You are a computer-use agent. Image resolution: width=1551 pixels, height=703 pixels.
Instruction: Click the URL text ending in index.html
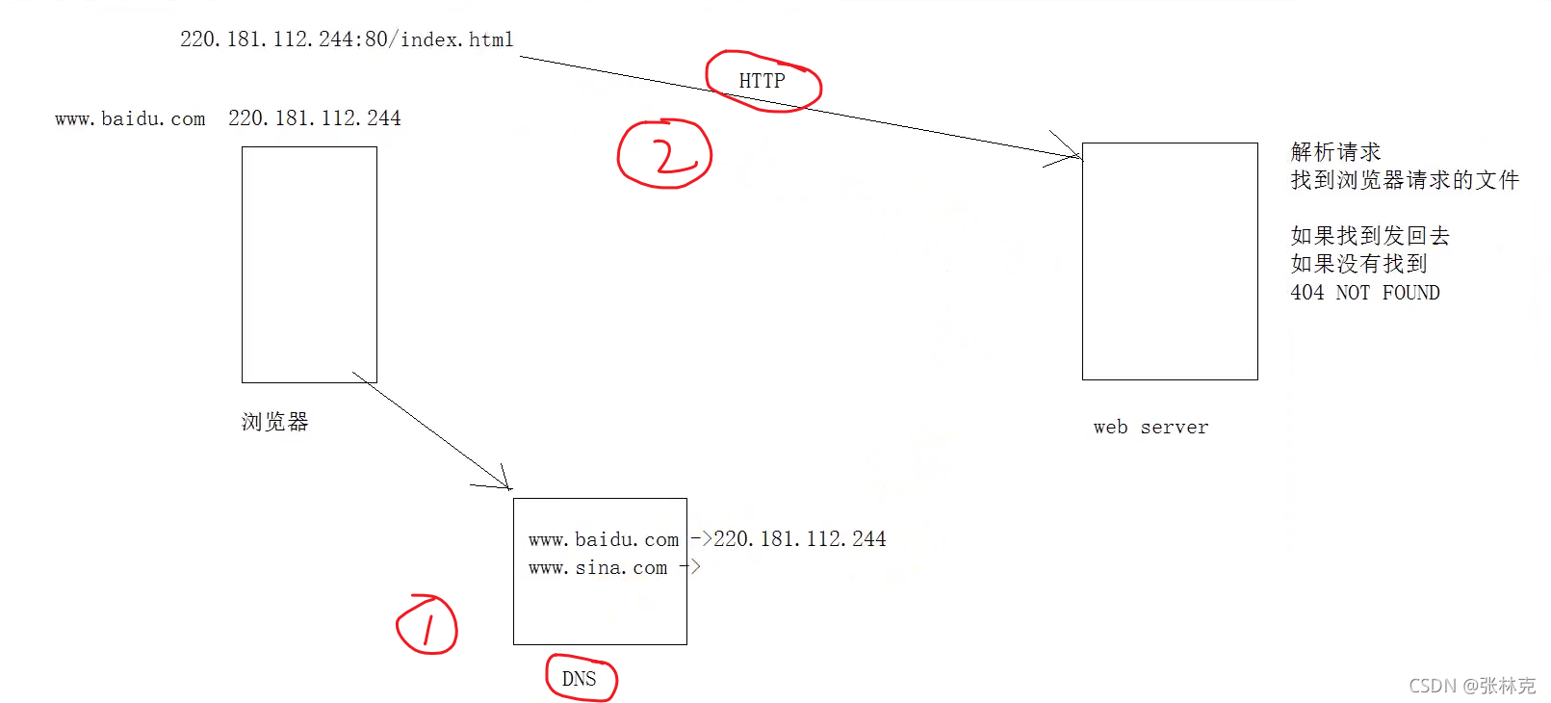[x=347, y=39]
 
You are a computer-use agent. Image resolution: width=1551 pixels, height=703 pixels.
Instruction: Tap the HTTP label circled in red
[x=763, y=81]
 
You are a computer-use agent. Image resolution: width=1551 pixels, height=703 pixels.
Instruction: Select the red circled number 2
[x=664, y=154]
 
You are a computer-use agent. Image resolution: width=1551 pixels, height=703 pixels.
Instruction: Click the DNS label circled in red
[x=580, y=679]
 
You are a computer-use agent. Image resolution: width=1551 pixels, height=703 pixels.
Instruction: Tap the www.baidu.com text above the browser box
[x=130, y=118]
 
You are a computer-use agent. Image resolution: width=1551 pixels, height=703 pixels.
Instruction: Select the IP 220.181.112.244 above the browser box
[x=315, y=118]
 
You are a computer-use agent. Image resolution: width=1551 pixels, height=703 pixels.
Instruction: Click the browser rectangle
[x=309, y=265]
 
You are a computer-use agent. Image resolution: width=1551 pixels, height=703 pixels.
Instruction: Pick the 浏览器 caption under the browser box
[x=274, y=422]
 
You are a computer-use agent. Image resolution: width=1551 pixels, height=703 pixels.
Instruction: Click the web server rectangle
[x=1170, y=261]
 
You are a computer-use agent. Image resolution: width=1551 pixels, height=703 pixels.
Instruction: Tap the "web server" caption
[x=1150, y=428]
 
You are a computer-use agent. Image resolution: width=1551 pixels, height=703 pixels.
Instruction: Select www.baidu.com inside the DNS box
[x=604, y=539]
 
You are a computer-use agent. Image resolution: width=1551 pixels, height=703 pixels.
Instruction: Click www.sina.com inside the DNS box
[x=598, y=568]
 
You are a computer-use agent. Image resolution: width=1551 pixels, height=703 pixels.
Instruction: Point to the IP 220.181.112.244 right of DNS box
[x=799, y=539]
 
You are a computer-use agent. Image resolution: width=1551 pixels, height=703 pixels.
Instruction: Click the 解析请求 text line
[x=1335, y=152]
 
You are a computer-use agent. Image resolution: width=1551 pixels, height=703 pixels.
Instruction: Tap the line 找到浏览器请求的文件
[x=1405, y=180]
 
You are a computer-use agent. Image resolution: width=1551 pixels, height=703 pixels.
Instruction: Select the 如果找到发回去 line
[x=1370, y=236]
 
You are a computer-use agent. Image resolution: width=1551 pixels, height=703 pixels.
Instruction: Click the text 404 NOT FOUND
[x=1364, y=293]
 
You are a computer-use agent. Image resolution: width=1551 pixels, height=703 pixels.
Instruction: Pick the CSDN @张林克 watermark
[x=1472, y=686]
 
